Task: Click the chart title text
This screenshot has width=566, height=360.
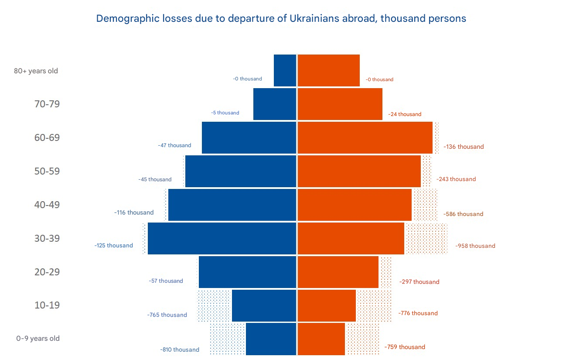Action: pos(281,18)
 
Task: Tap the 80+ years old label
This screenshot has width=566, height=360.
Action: pos(36,71)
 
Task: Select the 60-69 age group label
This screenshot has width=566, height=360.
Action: pos(47,138)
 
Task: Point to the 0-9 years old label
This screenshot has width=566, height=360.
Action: pos(38,338)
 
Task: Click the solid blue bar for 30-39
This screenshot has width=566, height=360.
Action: pos(222,238)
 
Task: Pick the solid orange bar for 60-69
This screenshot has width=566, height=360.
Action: pos(365,137)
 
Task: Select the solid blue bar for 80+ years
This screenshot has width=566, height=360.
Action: pos(285,70)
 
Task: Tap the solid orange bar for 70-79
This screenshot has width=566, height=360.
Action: pos(340,104)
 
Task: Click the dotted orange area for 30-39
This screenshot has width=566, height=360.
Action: pos(426,239)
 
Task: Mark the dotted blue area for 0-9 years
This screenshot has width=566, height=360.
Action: pos(228,339)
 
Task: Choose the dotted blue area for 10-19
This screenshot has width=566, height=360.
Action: pos(214,305)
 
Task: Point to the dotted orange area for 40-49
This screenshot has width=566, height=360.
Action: pos(425,205)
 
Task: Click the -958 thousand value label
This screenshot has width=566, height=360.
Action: pos(475,246)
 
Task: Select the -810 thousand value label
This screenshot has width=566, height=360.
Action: pos(180,350)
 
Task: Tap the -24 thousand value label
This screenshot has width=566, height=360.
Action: pos(405,114)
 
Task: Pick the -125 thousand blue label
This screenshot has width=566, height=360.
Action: pos(113,245)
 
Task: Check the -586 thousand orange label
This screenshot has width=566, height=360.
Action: pos(463,214)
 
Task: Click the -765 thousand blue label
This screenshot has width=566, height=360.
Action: pos(167,315)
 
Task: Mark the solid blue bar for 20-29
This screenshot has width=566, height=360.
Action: pos(247,272)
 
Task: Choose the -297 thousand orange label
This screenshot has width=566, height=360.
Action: pos(419,281)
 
